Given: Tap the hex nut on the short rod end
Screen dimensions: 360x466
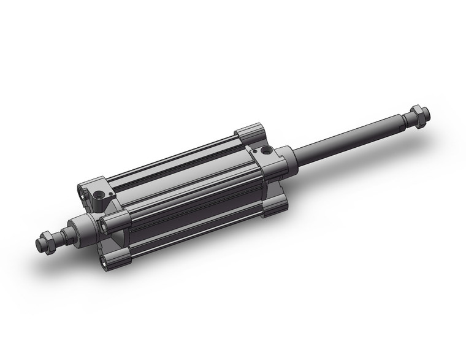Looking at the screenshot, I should tap(47, 240).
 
